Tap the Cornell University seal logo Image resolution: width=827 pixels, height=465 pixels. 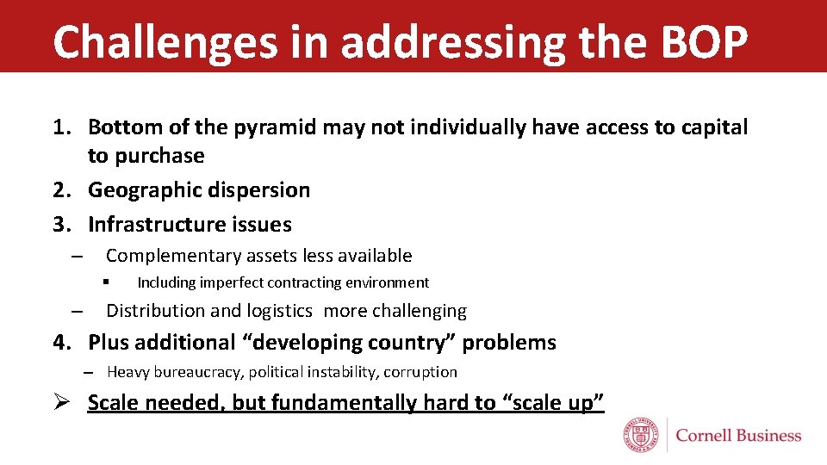pos(642,436)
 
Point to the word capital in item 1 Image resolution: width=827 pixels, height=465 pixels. pos(712,127)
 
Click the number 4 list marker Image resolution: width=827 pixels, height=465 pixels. pos(59,343)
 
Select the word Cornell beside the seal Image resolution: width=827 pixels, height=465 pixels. pos(703,436)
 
